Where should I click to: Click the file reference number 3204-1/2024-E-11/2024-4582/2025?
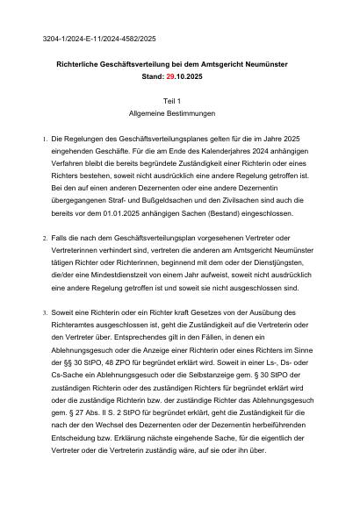[99, 39]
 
